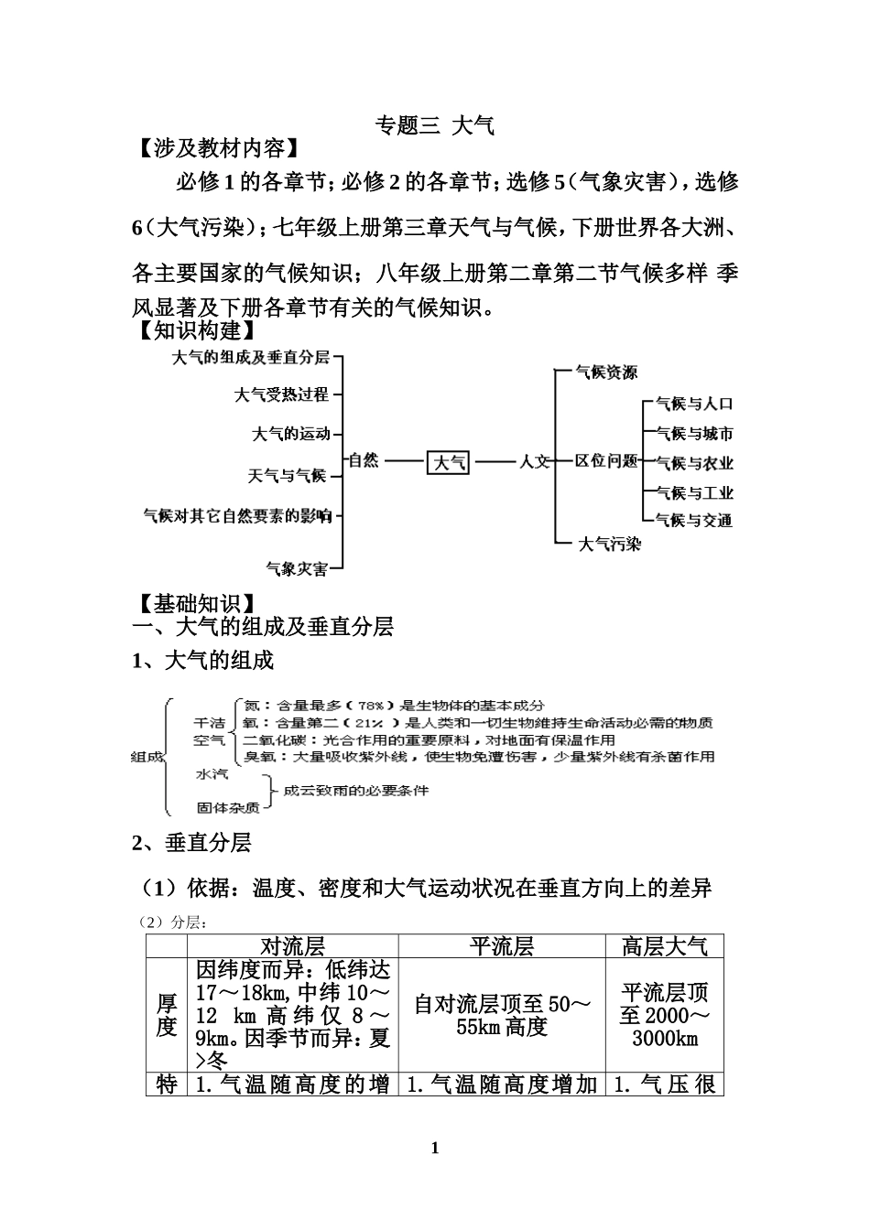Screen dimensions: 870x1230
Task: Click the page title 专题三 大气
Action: coord(435,125)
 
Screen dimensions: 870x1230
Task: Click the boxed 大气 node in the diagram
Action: coord(449,462)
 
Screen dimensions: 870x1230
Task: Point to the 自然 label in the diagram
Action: coord(364,460)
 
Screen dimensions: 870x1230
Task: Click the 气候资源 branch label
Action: coord(606,372)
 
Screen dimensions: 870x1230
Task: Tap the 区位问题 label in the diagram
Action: coord(606,460)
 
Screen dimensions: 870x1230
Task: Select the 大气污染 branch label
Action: coord(610,545)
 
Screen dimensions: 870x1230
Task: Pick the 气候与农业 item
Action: coord(694,463)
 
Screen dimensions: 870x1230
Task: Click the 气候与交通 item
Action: coord(694,520)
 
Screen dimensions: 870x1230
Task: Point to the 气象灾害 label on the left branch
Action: coord(296,569)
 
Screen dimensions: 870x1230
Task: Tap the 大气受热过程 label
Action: coord(281,394)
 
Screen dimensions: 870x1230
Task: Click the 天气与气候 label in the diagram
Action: coord(287,475)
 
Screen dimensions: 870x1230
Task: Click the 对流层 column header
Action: coord(293,946)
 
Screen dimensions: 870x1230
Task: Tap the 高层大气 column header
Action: coord(664,946)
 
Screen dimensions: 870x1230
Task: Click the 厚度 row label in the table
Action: coord(166,1016)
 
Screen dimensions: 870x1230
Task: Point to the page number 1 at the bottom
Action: coord(435,1149)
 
